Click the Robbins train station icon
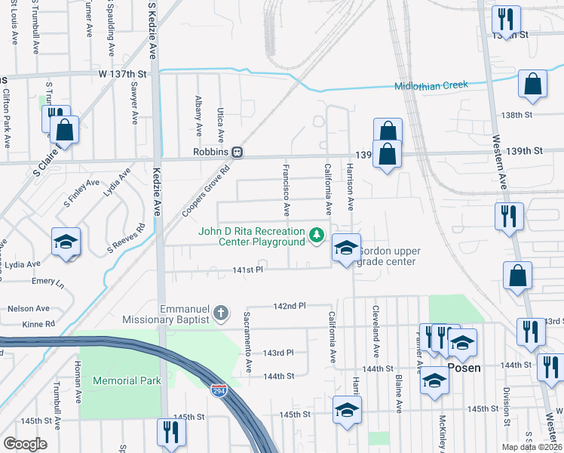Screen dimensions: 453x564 click(x=237, y=151)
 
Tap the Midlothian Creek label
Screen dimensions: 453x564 click(x=431, y=85)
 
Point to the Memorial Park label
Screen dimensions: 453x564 click(x=127, y=381)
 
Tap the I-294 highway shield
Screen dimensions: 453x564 click(x=216, y=390)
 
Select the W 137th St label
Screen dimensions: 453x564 click(x=122, y=73)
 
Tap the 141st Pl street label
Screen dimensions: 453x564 click(x=247, y=270)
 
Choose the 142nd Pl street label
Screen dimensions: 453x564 click(x=290, y=306)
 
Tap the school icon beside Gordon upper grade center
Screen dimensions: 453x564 click(x=345, y=248)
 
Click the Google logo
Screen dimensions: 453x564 click(x=25, y=444)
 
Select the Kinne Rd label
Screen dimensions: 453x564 click(x=38, y=324)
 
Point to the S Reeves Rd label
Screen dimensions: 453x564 click(x=126, y=239)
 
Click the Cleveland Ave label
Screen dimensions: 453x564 click(x=375, y=331)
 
